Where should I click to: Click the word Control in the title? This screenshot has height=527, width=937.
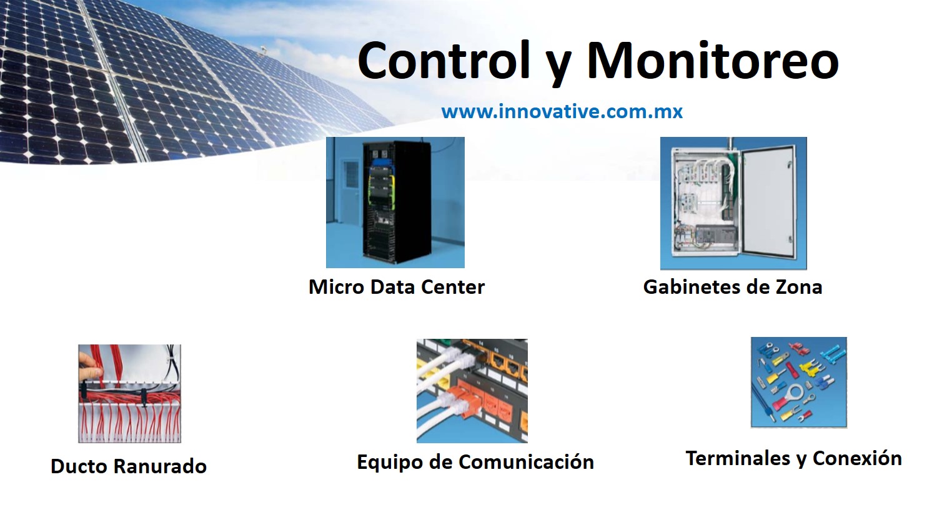click(444, 60)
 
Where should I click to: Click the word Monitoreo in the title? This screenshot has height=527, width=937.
click(713, 60)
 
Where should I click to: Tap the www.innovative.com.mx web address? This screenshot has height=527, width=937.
click(562, 112)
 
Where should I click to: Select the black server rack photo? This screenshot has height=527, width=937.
click(395, 202)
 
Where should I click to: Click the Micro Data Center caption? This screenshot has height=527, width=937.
click(397, 287)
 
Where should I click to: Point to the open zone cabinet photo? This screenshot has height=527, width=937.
click(733, 203)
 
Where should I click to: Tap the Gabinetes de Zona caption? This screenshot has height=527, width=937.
click(733, 287)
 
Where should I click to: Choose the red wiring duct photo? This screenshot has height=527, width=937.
click(130, 393)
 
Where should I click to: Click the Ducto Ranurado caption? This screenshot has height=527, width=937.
click(129, 466)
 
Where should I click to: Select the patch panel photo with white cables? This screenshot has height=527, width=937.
click(472, 391)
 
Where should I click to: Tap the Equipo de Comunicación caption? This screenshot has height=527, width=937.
click(475, 462)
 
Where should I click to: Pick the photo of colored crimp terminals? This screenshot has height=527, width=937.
click(798, 382)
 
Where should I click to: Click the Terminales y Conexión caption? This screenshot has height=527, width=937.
click(793, 458)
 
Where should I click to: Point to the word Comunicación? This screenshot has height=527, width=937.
click(526, 462)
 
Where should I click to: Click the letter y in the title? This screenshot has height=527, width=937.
click(559, 67)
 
